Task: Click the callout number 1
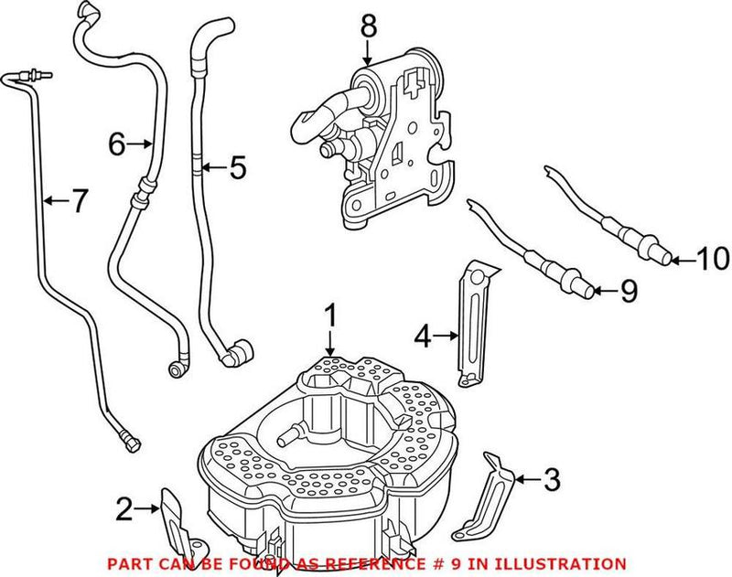coord(330,316)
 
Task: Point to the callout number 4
coord(422,337)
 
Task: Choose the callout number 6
coord(116,144)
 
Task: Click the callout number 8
coord(368,27)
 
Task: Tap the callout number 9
coord(627,292)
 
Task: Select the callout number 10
coord(708,260)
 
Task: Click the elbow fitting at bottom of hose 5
coord(242,352)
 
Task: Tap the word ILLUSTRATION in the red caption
coord(562,563)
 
